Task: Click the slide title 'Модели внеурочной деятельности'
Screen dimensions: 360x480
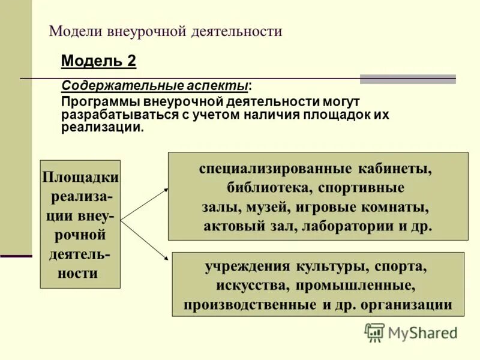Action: tap(165, 31)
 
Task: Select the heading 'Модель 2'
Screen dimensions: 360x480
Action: tap(99, 61)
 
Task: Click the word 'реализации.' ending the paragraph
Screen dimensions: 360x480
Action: tap(103, 127)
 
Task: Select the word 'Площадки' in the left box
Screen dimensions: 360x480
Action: tap(80, 178)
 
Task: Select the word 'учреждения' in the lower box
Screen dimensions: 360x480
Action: tap(247, 265)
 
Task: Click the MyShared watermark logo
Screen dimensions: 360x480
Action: tap(411, 332)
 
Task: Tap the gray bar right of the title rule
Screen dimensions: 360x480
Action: tap(407, 79)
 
